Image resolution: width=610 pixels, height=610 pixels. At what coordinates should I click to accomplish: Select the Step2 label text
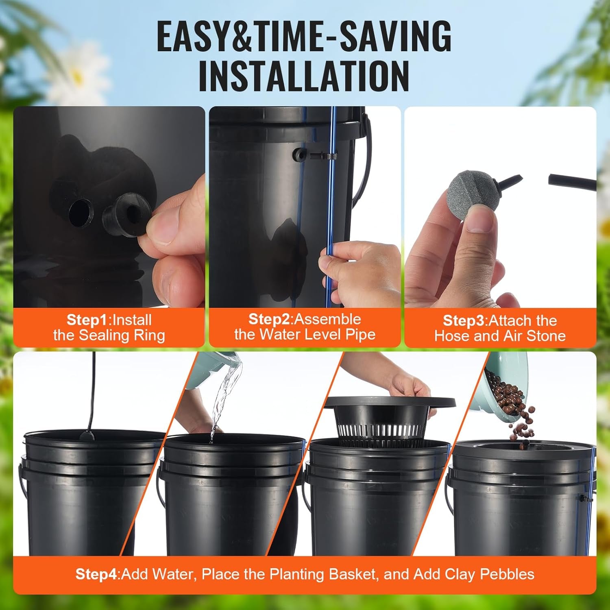270,319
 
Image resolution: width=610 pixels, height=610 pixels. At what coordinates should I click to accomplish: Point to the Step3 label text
464,320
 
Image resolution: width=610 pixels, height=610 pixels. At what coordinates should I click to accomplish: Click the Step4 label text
96,574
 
